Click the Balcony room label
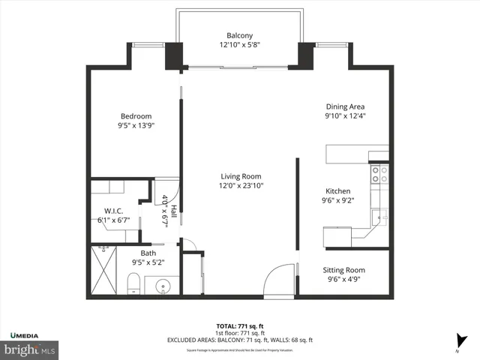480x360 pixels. pyautogui.click(x=240, y=35)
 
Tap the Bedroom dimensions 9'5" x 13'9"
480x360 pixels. pyautogui.click(x=136, y=126)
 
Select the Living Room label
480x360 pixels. pyautogui.click(x=241, y=175)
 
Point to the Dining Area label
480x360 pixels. pyautogui.click(x=344, y=106)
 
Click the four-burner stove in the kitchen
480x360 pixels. pyautogui.click(x=379, y=175)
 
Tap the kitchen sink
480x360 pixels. pyautogui.click(x=382, y=217)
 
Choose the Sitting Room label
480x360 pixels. pyautogui.click(x=343, y=269)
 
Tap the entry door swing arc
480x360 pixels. pyautogui.click(x=277, y=279)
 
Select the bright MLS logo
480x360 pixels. pyautogui.click(x=29, y=349)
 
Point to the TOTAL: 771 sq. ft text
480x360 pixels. pyautogui.click(x=240, y=326)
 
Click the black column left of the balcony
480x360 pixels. pyautogui.click(x=173, y=55)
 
